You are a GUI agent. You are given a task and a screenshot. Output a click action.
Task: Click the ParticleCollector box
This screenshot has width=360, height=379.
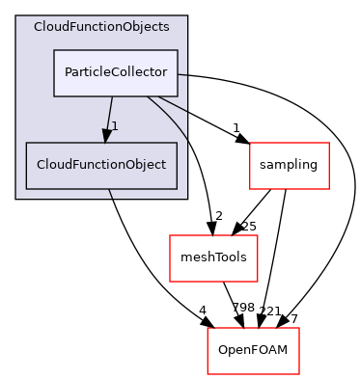pos(115,73)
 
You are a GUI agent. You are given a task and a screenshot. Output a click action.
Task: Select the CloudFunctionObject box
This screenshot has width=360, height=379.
pos(101,164)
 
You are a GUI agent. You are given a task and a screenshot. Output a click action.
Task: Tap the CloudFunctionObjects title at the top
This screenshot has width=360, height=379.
pos(101,26)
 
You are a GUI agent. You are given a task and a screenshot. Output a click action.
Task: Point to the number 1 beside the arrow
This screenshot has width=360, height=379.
pos(115,126)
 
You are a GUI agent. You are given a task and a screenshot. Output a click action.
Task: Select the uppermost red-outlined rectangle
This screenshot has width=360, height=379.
pos(290,166)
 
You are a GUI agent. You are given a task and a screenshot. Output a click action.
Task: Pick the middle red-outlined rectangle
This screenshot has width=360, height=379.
pos(213,258)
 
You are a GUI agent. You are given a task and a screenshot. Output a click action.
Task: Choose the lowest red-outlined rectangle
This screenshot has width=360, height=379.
pos(253,351)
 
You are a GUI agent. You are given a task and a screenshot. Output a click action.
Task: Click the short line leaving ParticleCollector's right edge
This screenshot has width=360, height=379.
pos(182,74)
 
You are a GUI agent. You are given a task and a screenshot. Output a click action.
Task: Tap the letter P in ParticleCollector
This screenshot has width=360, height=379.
pos(68,73)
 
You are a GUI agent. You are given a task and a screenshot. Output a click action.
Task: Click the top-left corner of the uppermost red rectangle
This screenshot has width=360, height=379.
pos(250,143)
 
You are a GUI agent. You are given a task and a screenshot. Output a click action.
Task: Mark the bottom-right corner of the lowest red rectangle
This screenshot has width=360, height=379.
pos(299,374)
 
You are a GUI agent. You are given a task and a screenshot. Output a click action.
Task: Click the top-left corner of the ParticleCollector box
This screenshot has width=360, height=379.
pos(53,50)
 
